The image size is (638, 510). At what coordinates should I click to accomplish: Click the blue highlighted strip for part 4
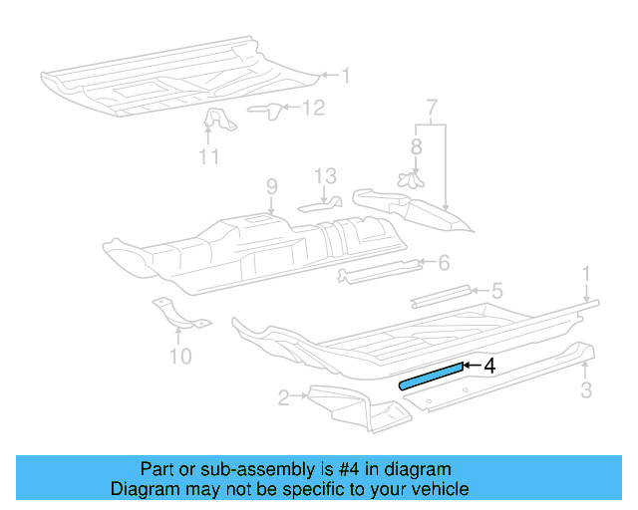[x=432, y=374]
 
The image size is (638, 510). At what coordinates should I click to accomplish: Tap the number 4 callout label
[x=488, y=366]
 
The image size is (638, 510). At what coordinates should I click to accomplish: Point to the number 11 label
[x=208, y=155]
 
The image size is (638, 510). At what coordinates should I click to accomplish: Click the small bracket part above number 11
[x=216, y=123]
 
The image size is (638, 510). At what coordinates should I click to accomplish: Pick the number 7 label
[x=431, y=106]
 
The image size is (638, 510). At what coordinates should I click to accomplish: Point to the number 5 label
[x=495, y=292]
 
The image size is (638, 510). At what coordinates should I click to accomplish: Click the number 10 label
[x=179, y=356]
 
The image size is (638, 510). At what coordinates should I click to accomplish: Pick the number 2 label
[x=284, y=398]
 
